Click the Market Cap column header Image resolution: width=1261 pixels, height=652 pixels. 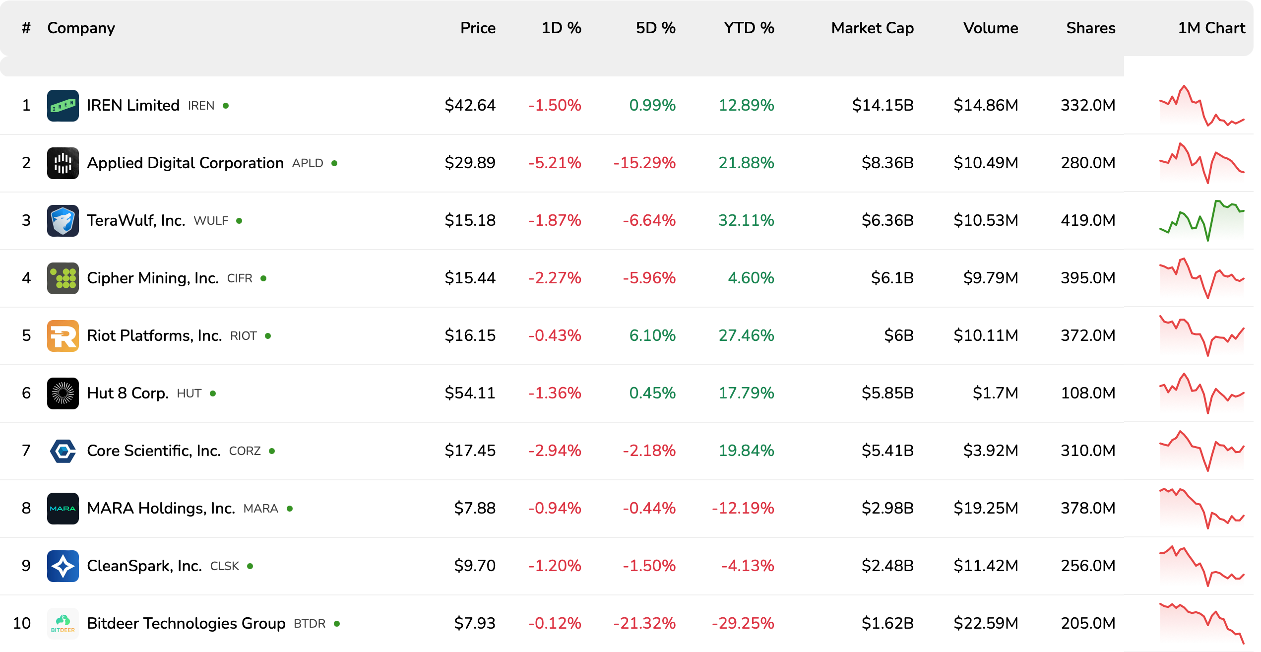pos(872,28)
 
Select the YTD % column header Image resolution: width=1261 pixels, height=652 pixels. pos(749,28)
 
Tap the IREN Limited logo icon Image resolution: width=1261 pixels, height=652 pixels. pos(63,105)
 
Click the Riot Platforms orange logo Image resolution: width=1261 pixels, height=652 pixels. pos(63,335)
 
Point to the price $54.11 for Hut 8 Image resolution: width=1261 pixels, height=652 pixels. pos(470,393)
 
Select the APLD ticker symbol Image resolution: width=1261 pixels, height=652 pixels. pos(308,163)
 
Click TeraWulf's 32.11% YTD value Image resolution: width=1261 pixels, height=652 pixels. pos(746,220)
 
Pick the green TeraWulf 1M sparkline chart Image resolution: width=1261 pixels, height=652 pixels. pos(1201,220)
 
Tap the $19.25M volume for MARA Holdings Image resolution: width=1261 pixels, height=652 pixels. pos(986,508)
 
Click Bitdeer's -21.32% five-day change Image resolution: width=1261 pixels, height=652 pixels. pos(644,623)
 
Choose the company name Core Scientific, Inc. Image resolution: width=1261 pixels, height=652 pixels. pos(154,451)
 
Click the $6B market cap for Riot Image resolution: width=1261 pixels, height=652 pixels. pos(898,335)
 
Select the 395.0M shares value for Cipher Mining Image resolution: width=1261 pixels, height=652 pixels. pos(1088,278)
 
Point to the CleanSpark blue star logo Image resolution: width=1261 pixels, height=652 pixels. pos(63,566)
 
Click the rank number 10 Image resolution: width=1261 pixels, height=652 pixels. pos(22,623)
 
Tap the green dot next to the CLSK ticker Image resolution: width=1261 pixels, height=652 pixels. pos(250,566)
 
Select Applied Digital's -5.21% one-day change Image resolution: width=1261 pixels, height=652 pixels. pos(555,163)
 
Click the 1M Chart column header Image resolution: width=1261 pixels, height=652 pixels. pos(1211,28)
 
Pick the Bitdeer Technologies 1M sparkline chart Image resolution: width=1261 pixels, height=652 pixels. pos(1201,623)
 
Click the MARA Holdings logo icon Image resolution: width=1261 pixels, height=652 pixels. pos(63,508)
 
